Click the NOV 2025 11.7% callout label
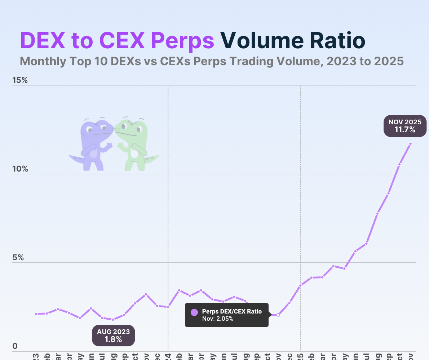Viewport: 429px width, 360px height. [405, 126]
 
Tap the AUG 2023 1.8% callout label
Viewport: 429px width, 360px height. [113, 335]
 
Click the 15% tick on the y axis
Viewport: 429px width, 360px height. [20, 80]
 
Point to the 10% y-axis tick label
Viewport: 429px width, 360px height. [20, 169]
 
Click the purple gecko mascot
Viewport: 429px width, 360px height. [92, 144]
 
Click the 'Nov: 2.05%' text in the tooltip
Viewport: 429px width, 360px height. [217, 319]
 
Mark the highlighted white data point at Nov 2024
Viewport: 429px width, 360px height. [278, 315]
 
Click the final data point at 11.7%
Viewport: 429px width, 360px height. [410, 144]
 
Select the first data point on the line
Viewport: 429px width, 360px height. [36, 314]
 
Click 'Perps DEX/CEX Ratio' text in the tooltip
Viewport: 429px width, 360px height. [232, 311]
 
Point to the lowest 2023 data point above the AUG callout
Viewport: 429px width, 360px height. [113, 320]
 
